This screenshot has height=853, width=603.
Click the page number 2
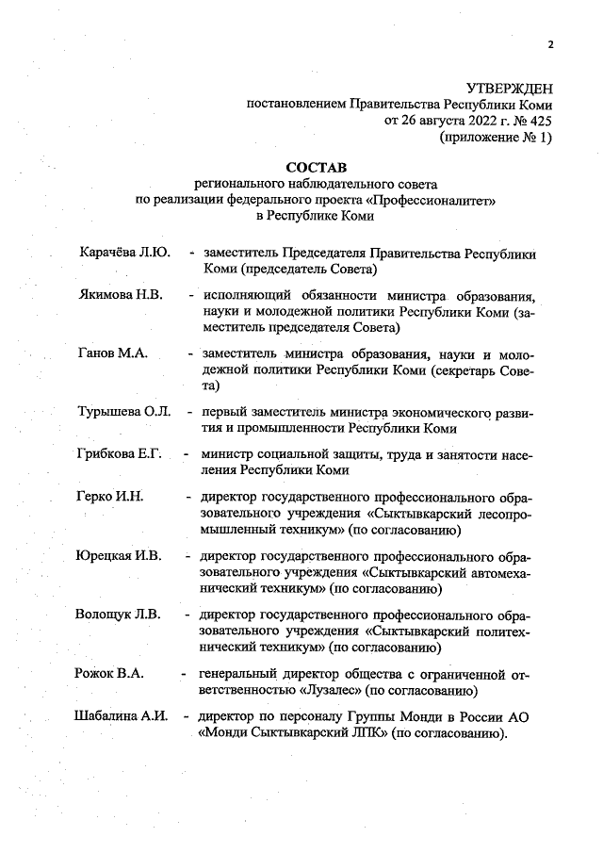551,43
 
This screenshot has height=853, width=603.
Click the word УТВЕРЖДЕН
509,88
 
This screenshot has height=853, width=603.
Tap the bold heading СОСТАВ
315,167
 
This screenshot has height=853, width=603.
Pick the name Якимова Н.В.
120,294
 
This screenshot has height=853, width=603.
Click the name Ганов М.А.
109,353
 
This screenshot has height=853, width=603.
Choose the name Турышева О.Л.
122,412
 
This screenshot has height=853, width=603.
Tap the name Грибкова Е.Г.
119,454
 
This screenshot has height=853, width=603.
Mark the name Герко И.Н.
109,497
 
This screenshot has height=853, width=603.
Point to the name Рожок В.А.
109,674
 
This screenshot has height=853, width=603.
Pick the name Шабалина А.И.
121,716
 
